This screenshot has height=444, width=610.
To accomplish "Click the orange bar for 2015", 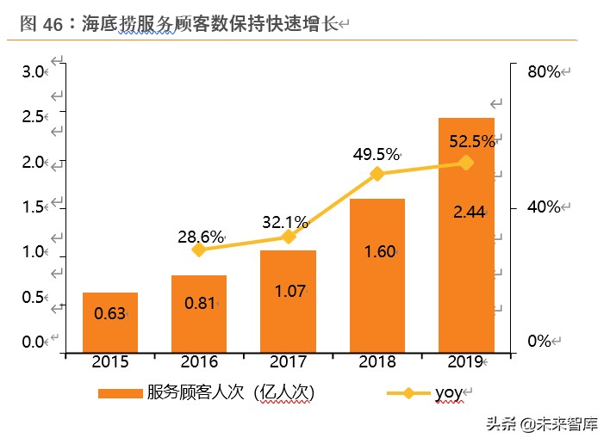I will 110,322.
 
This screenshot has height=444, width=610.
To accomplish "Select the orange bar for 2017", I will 288,301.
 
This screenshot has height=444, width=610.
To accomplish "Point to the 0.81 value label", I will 200,303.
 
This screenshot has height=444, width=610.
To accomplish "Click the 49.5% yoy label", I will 377,155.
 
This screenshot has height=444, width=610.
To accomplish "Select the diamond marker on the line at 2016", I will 199,250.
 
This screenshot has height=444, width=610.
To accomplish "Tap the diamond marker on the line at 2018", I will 377,174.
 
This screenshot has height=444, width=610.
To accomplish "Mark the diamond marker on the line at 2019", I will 466,162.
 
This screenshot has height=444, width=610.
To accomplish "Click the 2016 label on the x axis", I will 199,362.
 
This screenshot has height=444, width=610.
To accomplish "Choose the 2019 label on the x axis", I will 465,362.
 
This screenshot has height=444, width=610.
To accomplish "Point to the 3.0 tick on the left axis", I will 33,71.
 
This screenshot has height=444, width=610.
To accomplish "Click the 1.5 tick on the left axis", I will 33,207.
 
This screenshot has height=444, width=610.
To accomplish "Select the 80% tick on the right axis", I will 544,71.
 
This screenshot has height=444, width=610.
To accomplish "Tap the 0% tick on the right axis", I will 538,342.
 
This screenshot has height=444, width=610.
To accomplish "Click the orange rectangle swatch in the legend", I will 120,393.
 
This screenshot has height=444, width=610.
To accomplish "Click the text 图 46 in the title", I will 38,24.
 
